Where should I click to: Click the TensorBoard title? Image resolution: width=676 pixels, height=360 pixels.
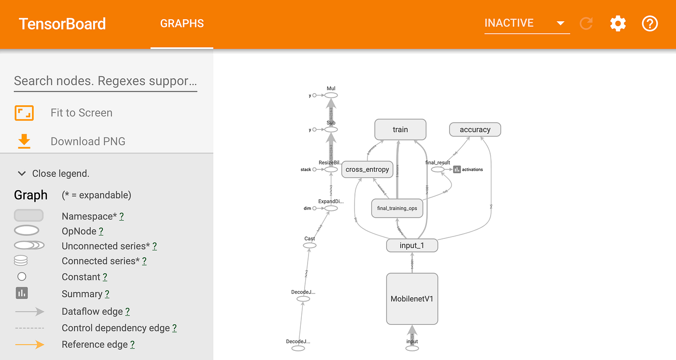pos(62,24)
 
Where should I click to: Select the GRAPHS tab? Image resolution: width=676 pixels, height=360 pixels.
pos(182,24)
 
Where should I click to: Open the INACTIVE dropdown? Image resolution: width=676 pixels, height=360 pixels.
pos(526,23)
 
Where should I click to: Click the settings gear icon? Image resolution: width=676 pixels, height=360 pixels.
pos(618,23)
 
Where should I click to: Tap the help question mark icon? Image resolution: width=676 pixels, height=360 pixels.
pos(650,23)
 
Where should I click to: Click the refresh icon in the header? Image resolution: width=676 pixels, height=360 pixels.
pos(586,23)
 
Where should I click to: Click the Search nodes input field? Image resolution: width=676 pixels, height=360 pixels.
pos(105,81)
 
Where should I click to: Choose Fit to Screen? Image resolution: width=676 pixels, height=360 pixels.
pos(81,113)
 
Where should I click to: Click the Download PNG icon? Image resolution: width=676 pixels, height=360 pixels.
pos(24,141)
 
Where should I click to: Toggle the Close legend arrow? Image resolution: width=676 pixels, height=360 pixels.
pos(22,173)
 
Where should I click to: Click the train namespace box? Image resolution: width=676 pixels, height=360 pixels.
pos(400,129)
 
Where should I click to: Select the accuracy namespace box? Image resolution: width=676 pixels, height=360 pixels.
pos(475,129)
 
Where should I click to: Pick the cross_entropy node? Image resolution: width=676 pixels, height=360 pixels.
pos(367,169)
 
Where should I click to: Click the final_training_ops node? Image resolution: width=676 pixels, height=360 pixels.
pos(397,208)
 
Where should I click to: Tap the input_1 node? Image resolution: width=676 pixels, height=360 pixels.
pos(412,245)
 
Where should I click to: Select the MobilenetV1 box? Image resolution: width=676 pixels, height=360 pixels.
pos(412,299)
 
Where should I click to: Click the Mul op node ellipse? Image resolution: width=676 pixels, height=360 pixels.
pos(331,96)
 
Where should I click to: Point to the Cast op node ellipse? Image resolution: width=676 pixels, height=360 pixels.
pos(310,246)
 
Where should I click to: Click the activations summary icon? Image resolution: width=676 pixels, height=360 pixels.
pos(457,169)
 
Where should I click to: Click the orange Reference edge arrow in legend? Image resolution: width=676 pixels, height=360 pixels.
pos(29,345)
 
